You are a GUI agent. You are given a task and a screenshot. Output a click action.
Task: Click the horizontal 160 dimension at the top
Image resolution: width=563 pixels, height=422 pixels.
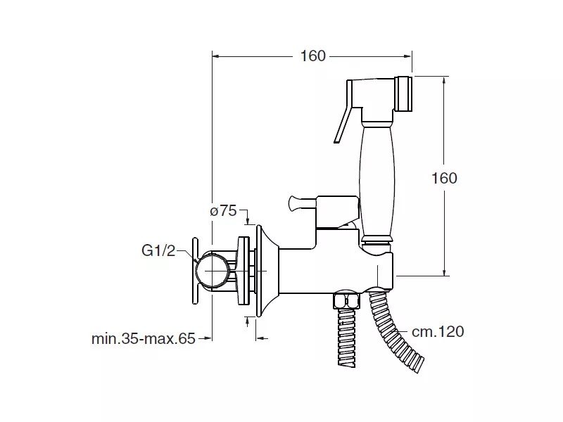pyautogui.click(x=313, y=56)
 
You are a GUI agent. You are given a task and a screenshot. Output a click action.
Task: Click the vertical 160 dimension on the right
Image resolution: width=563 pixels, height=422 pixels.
pyautogui.click(x=444, y=178)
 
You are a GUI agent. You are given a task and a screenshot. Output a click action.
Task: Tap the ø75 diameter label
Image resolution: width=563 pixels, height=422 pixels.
pyautogui.click(x=223, y=210)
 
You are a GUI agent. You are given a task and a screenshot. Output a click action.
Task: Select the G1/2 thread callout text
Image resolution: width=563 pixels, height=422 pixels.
pyautogui.click(x=158, y=250)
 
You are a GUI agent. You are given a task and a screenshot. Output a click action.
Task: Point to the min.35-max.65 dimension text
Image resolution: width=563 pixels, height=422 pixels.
pyautogui.click(x=144, y=338)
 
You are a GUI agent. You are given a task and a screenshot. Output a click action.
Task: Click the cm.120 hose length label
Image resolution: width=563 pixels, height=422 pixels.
pyautogui.click(x=438, y=331)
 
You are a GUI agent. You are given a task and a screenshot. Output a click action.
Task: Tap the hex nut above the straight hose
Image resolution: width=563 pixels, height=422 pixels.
pyautogui.click(x=346, y=301)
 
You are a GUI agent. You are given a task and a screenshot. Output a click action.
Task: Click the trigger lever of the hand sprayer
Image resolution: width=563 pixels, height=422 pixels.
pyautogui.click(x=343, y=111)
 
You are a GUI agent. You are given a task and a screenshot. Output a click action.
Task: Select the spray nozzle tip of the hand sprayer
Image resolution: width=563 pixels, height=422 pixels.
pyautogui.click(x=403, y=94)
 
